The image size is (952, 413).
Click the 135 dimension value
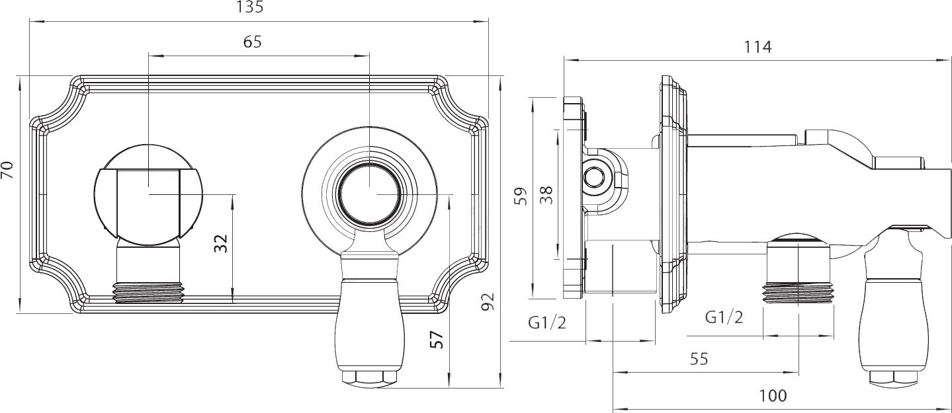pyautogui.click(x=249, y=7)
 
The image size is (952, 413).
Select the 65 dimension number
pyautogui.click(x=252, y=42)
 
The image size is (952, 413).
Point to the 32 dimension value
pyautogui.click(x=221, y=244)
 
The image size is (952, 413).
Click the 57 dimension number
pyautogui.click(x=437, y=340)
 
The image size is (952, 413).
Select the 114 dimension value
pyautogui.click(x=757, y=47)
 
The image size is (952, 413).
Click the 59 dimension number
pyautogui.click(x=521, y=196)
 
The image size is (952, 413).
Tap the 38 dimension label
pyautogui.click(x=546, y=195)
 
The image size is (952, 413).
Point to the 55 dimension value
pyautogui.click(x=699, y=359)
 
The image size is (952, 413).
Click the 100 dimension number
pyautogui.click(x=773, y=396)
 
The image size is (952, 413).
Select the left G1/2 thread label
pyautogui.click(x=547, y=323)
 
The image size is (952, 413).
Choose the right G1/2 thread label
pyautogui.click(x=724, y=317)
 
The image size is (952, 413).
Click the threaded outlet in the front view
pyautogui.click(x=148, y=292)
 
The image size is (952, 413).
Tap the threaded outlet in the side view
pyautogui.click(x=799, y=293)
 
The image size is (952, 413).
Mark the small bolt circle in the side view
pyautogui.click(x=593, y=176)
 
